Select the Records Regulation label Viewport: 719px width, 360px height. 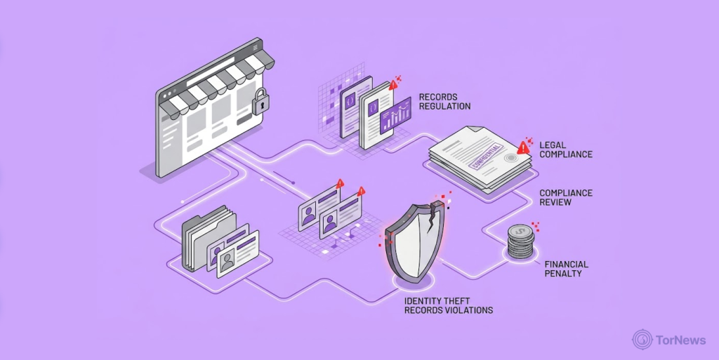(444, 102)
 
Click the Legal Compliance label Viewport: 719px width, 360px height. (566, 149)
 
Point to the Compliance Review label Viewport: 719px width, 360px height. (566, 197)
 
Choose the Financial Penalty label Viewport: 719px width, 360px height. (567, 269)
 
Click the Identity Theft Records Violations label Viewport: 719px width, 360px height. (449, 305)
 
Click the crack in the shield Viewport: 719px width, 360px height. (432, 220)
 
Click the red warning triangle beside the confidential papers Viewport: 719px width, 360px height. (522, 147)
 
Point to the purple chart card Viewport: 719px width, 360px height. (395, 115)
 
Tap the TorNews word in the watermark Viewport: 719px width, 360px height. (680, 340)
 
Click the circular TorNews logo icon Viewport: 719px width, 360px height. (642, 340)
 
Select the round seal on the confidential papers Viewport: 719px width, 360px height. (510, 158)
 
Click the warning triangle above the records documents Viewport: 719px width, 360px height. (393, 85)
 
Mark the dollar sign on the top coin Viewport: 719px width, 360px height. (520, 232)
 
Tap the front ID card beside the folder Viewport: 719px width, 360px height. (237, 254)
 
